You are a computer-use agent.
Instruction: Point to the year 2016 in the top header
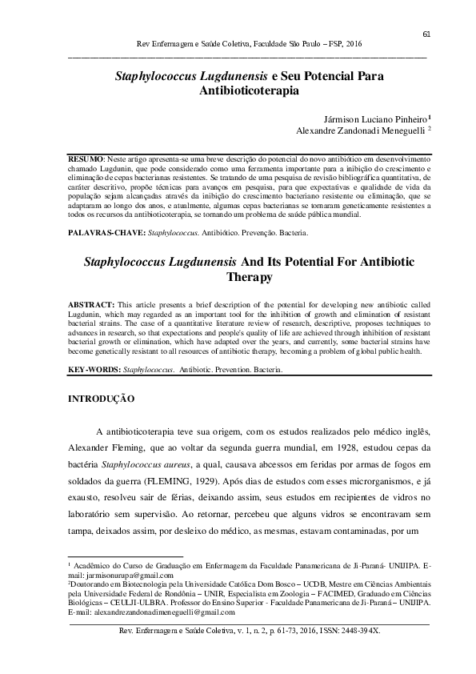click(353, 45)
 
